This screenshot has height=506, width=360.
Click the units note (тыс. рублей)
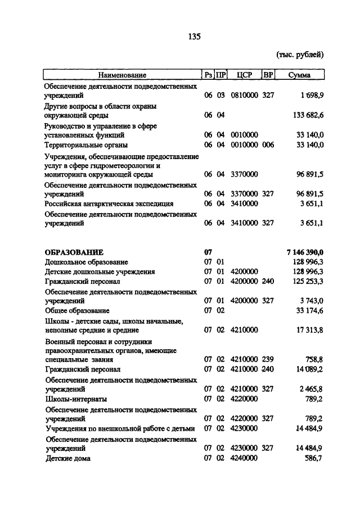(x=300, y=55)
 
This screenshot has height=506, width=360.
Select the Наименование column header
(x=121, y=75)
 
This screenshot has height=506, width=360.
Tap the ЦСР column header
(x=245, y=75)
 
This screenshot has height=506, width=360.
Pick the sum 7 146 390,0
(x=305, y=252)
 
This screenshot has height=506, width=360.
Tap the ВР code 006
(x=268, y=145)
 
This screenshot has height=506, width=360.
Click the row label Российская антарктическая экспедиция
(x=109, y=204)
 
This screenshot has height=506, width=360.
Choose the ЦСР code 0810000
(x=244, y=96)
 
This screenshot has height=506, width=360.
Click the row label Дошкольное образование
(x=87, y=262)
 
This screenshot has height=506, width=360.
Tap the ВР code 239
(x=268, y=359)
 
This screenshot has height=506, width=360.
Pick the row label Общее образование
(x=78, y=310)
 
